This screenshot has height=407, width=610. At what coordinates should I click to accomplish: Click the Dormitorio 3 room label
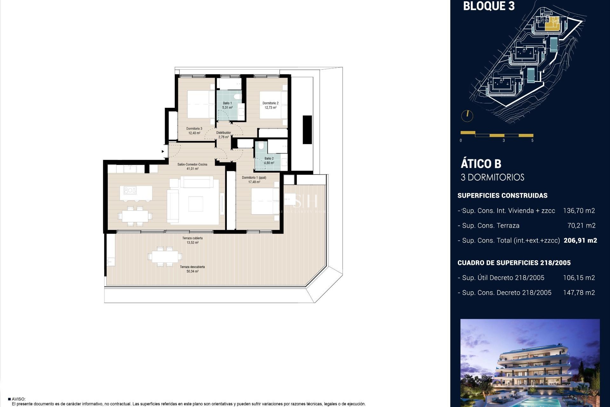pyautogui.click(x=194, y=131)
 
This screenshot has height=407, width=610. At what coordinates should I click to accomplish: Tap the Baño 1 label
pyautogui.click(x=227, y=105)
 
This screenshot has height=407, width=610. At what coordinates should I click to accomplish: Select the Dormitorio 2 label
pyautogui.click(x=270, y=105)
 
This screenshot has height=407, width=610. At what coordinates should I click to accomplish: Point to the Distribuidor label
pyautogui.click(x=223, y=135)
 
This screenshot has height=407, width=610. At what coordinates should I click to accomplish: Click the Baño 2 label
pyautogui.click(x=269, y=161)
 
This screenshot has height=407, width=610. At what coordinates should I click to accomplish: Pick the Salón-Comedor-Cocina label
pyautogui.click(x=192, y=166)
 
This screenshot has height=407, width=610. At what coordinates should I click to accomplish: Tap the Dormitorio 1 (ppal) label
pyautogui.click(x=254, y=180)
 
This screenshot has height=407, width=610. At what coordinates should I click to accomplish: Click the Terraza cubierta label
pyautogui.click(x=192, y=240)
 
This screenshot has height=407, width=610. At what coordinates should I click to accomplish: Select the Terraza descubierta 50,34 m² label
pyautogui.click(x=192, y=269)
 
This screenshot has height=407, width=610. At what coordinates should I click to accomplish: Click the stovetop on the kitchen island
pyautogui.click(x=130, y=190)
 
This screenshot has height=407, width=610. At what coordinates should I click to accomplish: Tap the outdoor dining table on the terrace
pyautogui.click(x=165, y=256)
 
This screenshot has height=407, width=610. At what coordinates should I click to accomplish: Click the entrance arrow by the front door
pyautogui.click(x=163, y=151)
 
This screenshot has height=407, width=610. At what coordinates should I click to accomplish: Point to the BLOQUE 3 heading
pyautogui.click(x=489, y=6)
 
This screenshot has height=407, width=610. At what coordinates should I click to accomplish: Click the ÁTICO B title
pyautogui.click(x=481, y=164)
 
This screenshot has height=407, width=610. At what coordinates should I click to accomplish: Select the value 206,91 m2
pyautogui.click(x=580, y=240)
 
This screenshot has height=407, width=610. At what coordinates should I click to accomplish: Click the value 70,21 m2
pyautogui.click(x=581, y=225)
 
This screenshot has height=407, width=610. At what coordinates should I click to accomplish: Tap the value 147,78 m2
pyautogui.click(x=579, y=293)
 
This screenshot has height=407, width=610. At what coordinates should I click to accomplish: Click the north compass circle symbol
pyautogui.click(x=467, y=116)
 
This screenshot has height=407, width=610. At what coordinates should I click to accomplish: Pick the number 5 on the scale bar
pyautogui.click(x=532, y=140)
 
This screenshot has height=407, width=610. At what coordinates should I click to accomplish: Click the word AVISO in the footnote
pyautogui.click(x=18, y=399)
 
